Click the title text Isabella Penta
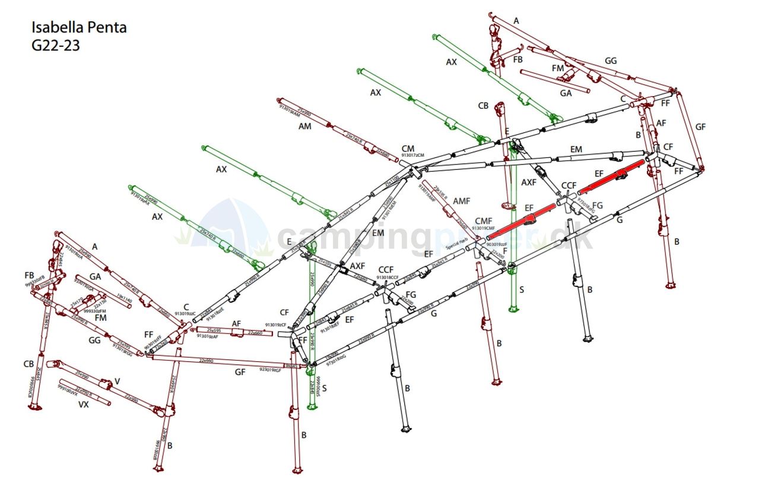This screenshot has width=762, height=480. tap(78, 27)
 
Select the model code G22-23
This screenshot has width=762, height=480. tap(55, 45)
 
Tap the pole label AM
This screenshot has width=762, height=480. tap(305, 127)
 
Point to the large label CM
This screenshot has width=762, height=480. tap(408, 149)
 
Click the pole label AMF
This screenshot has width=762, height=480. tap(461, 202)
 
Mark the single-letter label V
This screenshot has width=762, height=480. tap(117, 381)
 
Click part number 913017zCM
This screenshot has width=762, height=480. tap(413, 156)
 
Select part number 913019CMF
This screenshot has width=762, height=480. tap(484, 228)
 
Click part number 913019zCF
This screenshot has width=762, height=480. tap(275, 325)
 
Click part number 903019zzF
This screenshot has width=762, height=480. tap(497, 244)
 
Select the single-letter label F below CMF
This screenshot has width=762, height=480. tap(504, 251)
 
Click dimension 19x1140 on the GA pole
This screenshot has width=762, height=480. tap(124, 300)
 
